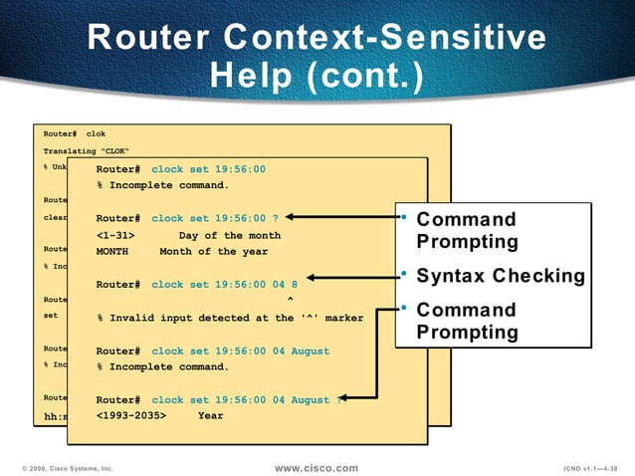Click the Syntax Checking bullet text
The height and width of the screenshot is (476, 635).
coord(500,275)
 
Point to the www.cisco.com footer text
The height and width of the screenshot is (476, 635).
coord(316,467)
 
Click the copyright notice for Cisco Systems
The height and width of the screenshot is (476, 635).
coord(68,467)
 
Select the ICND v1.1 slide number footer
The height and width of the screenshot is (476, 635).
coord(591,467)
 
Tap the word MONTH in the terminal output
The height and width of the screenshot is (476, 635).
coord(112,252)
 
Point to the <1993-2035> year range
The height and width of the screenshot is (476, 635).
coord(131,415)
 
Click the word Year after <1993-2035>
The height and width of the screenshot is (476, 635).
coord(211,415)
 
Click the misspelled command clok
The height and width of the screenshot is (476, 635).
coord(96,133)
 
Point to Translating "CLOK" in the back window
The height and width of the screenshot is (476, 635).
coord(86,150)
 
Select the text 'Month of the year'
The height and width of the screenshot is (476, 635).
coord(213,252)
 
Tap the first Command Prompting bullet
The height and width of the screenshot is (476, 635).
coord(467,230)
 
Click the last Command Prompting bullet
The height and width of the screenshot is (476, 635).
coord(467,321)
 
